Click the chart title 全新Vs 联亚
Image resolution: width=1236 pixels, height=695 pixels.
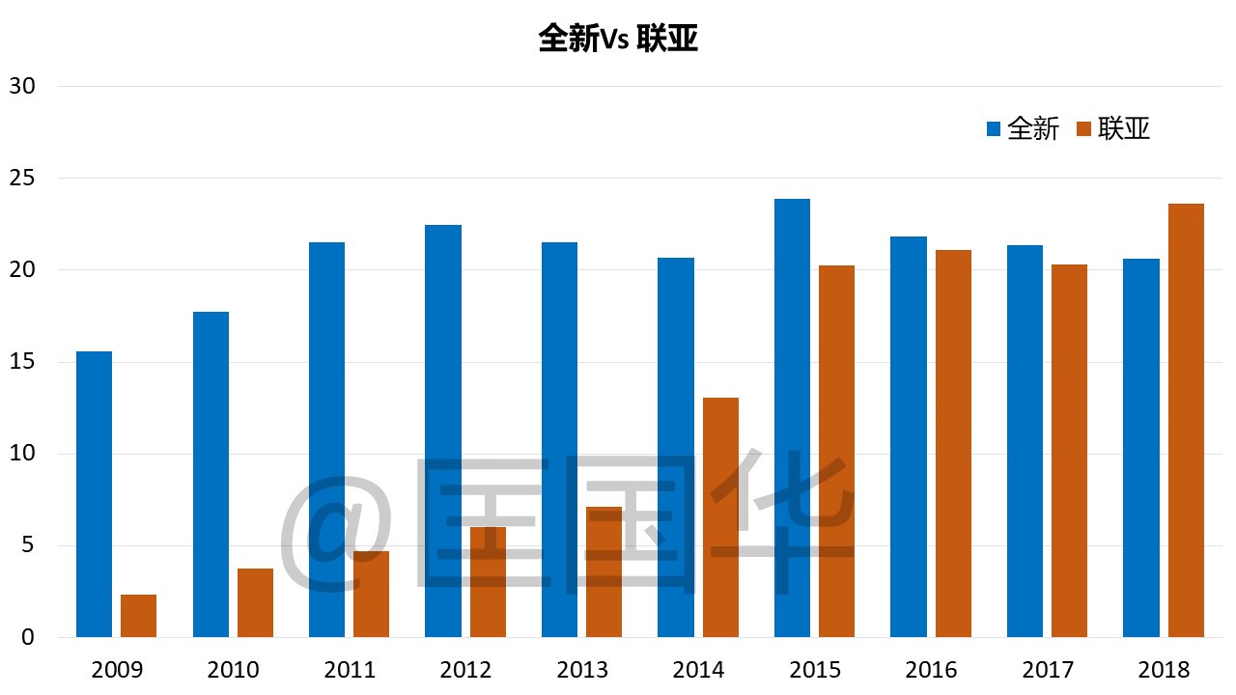tap(618, 39)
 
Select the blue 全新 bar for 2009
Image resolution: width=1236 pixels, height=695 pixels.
tap(94, 494)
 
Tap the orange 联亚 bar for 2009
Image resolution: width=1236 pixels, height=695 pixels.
tap(139, 616)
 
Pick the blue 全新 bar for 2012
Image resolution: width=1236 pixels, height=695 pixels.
tap(443, 431)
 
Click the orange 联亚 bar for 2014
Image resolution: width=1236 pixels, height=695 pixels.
tap(720, 517)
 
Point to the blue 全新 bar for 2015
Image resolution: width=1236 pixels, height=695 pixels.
tap(792, 418)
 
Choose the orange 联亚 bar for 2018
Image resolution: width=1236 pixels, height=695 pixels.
tap(1186, 420)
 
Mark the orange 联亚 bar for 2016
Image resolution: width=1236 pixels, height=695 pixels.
tap(953, 443)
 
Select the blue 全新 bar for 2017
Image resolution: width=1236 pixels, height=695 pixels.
tap(1025, 441)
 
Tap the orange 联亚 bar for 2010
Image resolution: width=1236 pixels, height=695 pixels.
tap(255, 602)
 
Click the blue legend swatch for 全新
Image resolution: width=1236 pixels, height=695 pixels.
tap(994, 129)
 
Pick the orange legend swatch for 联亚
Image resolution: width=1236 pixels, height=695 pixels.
tap(1083, 129)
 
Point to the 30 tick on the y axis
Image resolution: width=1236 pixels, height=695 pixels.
tap(21, 86)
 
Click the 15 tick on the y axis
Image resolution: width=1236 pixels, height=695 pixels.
tap(21, 362)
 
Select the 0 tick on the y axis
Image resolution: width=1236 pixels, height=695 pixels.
tap(26, 637)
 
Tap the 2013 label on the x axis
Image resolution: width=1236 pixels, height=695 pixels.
tap(582, 669)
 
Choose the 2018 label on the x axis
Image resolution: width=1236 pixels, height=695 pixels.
tap(1164, 669)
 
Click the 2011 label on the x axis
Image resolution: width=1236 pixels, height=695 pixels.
tap(350, 669)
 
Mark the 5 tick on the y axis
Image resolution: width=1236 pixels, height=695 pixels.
tap(26, 545)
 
